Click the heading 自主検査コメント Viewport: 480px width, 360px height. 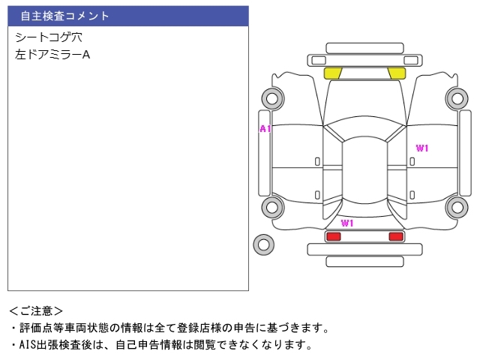pyautogui.click(x=64, y=16)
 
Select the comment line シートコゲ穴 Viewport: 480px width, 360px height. pyautogui.click(x=49, y=37)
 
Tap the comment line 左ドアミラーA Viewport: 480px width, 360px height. pyautogui.click(x=52, y=55)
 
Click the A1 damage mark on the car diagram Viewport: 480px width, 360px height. pyautogui.click(x=265, y=129)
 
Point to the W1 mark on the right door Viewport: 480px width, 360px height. pyautogui.click(x=422, y=148)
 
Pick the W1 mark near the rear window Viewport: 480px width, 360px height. pyautogui.click(x=347, y=223)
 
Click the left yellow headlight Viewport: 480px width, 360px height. pyautogui.click(x=333, y=73)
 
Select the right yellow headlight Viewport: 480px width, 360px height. pyautogui.click(x=397, y=73)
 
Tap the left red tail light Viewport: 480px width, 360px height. pyautogui.click(x=334, y=236)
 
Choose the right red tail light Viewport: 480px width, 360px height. pyautogui.click(x=396, y=236)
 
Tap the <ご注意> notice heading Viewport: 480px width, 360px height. pyautogui.click(x=36, y=311)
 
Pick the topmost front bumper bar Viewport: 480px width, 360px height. pyautogui.click(x=364, y=48)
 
